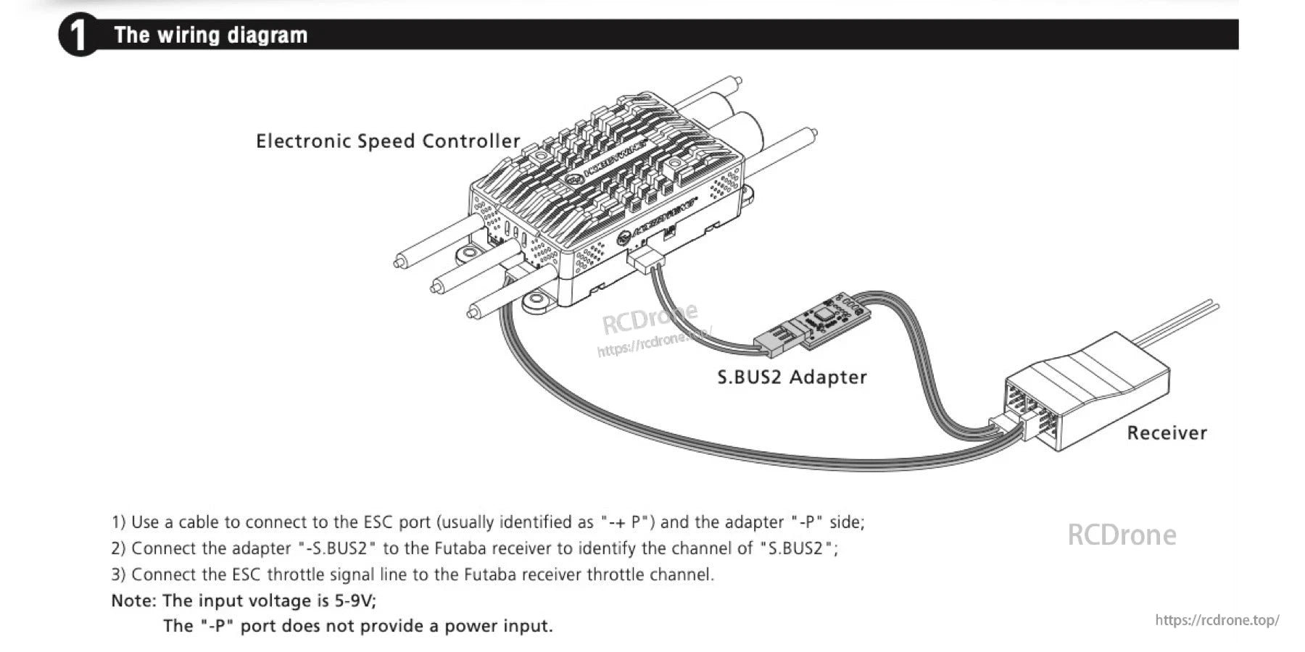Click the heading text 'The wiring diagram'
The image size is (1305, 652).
pos(210,35)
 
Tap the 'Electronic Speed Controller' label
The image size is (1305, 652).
pos(388,141)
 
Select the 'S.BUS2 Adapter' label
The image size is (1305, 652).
pos(792,377)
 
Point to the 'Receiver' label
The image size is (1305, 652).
pos(1166,432)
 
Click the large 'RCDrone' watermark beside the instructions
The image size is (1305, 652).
pos(1122,535)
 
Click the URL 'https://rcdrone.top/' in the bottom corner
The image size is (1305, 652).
pos(1217,620)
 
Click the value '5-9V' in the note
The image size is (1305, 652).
pos(355,601)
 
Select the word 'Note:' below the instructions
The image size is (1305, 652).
pos(133,601)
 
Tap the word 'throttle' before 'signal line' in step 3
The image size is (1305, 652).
pos(295,574)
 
